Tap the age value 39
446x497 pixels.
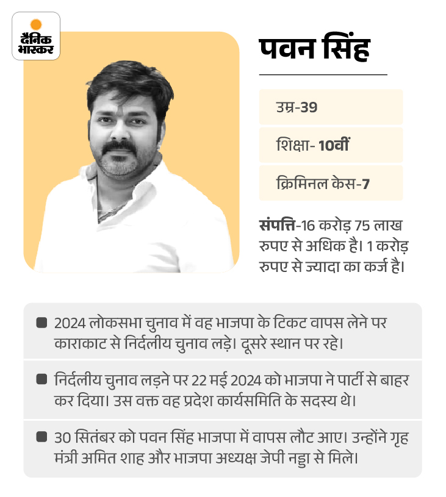pos(309,108)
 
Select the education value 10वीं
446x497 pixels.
pos(334,145)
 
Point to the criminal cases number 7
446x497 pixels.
pos(365,183)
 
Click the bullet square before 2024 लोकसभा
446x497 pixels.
pos(41,322)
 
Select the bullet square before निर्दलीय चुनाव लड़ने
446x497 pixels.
pos(41,379)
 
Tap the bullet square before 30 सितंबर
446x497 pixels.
pos(41,436)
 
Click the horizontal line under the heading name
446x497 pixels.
pos(323,74)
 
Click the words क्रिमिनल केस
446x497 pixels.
pos(315,183)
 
